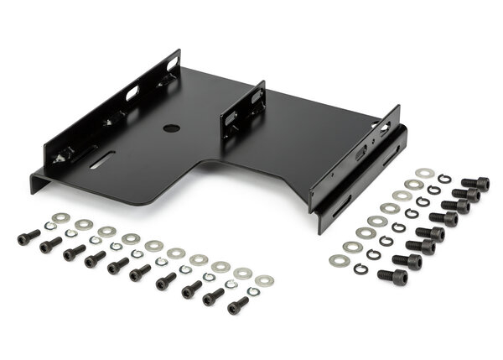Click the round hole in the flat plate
click(170, 129)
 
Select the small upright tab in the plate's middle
click(242, 110)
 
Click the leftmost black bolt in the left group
click(29, 237)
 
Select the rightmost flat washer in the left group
click(264, 279)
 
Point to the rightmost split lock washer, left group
click(252, 291)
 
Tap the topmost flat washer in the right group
click(425, 174)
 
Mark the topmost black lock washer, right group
click(444, 179)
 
